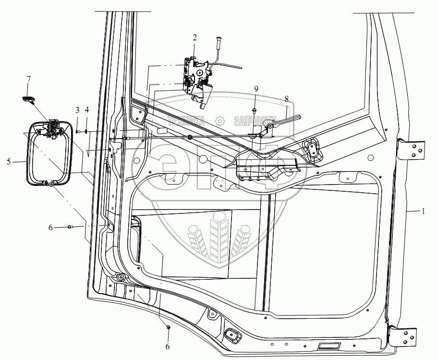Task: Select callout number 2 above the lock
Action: [x=195, y=37]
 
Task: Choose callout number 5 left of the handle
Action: [x=9, y=161]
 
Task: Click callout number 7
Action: [x=28, y=78]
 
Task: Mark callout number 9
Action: [x=256, y=88]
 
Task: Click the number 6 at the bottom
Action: [x=168, y=346]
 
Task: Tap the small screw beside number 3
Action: [x=78, y=131]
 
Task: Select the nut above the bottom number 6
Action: [x=169, y=327]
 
